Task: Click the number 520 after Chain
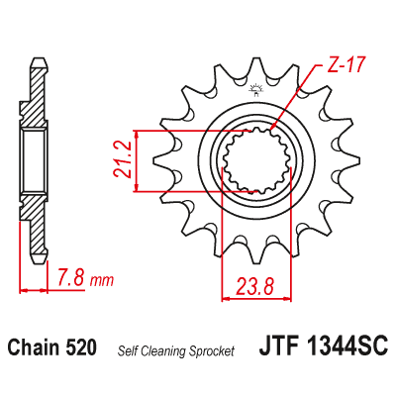click(80, 348)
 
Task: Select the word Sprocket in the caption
click(210, 350)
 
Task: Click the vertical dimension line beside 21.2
click(137, 159)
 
